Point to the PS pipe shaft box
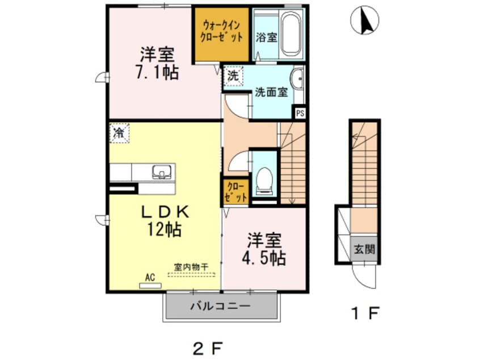(x=300, y=112)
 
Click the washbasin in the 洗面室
(x=298, y=79)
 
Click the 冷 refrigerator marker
(x=120, y=134)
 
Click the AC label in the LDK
(x=150, y=277)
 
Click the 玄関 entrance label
(x=363, y=249)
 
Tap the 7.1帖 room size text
(x=158, y=72)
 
